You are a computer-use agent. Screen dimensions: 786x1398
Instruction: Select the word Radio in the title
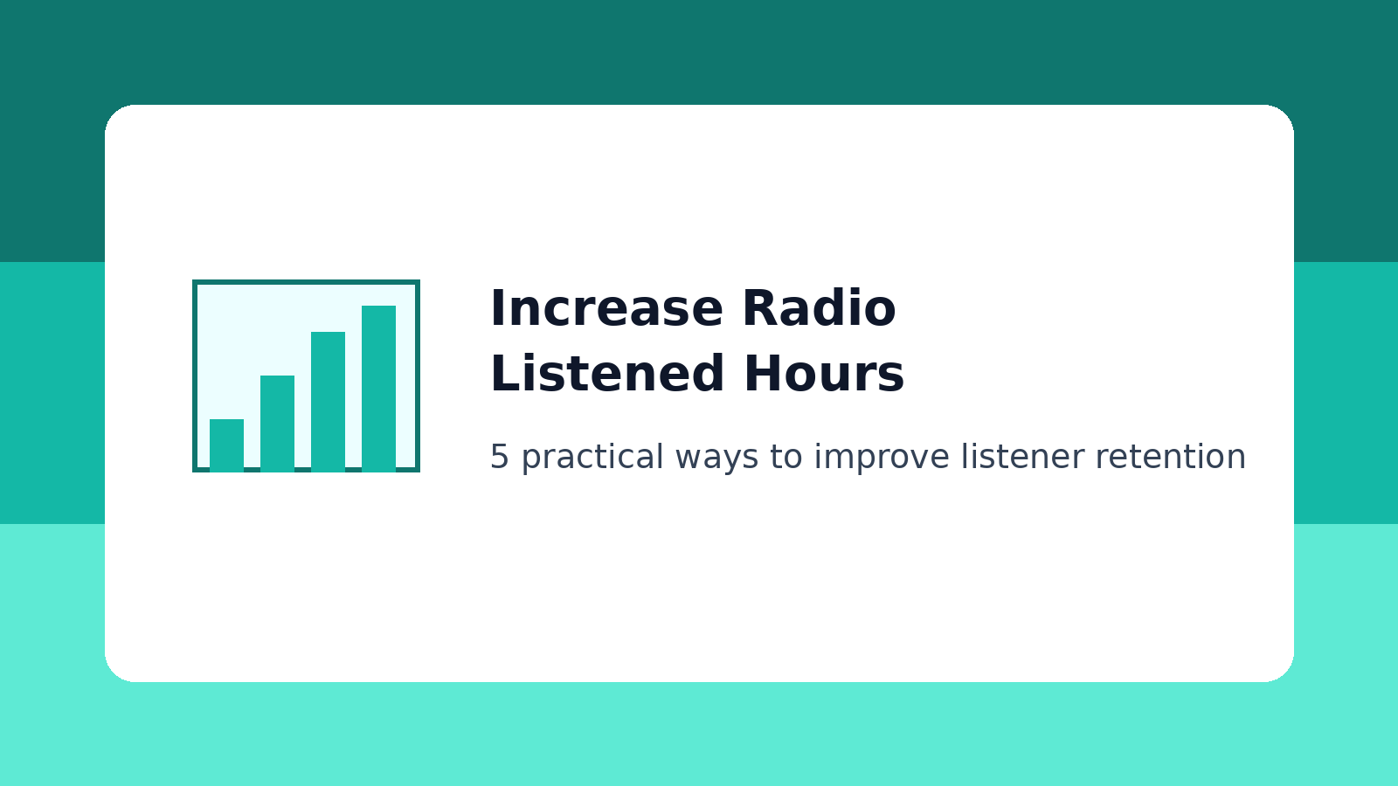click(x=819, y=308)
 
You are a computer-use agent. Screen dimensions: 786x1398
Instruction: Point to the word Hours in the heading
click(x=824, y=374)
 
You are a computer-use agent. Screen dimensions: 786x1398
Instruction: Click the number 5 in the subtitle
click(x=499, y=457)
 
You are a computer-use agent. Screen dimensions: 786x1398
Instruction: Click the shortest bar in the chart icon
click(x=226, y=445)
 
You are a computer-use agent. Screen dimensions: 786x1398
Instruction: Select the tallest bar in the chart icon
click(x=378, y=388)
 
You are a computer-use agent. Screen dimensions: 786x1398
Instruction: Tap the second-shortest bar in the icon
click(x=277, y=423)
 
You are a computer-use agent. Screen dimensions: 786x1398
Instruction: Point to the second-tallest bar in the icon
click(x=328, y=401)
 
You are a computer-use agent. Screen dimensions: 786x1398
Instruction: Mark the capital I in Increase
click(x=496, y=308)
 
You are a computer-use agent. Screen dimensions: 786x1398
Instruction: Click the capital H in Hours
click(x=760, y=374)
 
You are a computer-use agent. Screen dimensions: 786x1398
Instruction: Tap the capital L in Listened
click(x=502, y=374)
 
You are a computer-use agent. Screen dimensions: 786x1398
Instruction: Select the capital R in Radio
click(x=758, y=308)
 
